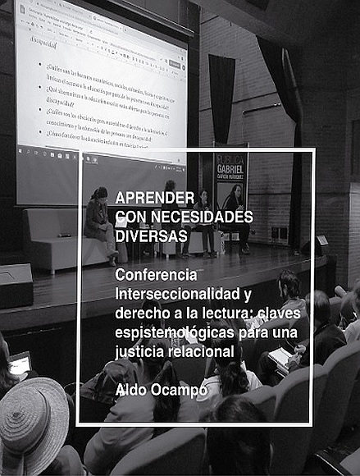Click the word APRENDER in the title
click(148, 198)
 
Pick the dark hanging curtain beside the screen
click(221, 98)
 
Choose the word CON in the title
click(129, 216)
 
